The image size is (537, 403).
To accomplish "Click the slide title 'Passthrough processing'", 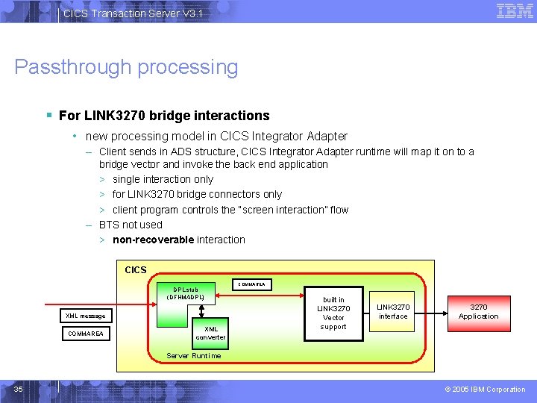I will (x=126, y=67).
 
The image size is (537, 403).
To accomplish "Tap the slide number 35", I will (x=19, y=389).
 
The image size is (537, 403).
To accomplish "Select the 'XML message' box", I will (x=85, y=316).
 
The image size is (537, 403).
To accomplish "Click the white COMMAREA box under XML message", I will (x=85, y=334).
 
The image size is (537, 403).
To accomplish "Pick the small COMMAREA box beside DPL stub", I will (x=253, y=284).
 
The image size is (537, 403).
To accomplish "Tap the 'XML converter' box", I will (x=211, y=333).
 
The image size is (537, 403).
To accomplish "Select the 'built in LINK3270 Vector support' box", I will (x=333, y=313).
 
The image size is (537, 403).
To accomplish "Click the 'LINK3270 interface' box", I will (x=393, y=311).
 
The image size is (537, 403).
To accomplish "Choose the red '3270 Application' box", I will (x=478, y=311).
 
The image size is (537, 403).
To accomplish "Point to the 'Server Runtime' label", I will (x=193, y=356).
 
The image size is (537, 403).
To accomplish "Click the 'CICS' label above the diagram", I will (x=136, y=269).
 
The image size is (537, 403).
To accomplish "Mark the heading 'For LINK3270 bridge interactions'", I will (x=164, y=116).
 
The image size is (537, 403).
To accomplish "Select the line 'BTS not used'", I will (x=131, y=225).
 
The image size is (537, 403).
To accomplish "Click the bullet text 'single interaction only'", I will (x=163, y=179).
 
